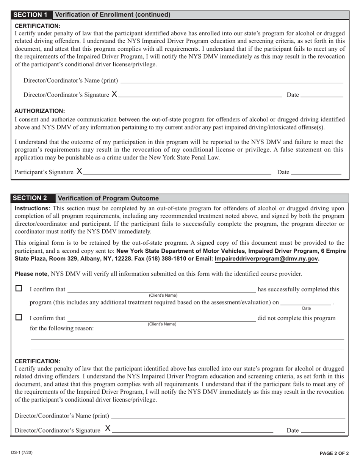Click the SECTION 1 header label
(x=31, y=15)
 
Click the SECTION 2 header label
(x=31, y=198)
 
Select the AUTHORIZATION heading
(x=40, y=111)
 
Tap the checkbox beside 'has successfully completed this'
(x=19, y=289)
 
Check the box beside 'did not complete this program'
(x=19, y=317)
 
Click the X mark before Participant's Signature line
(x=79, y=171)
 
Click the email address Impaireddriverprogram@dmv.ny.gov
(x=266, y=259)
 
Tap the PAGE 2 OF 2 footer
(x=334, y=453)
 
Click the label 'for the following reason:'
(x=62, y=328)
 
